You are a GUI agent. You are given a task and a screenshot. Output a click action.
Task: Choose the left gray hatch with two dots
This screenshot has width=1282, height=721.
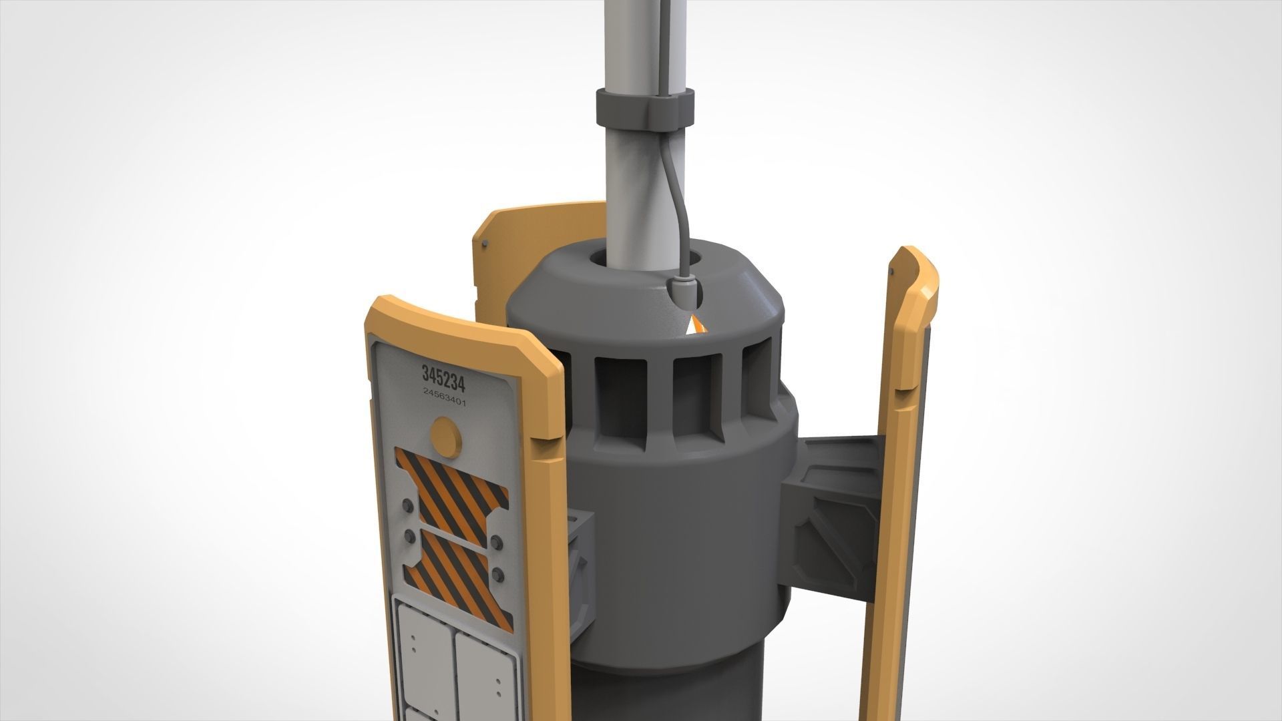[x=421, y=648]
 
